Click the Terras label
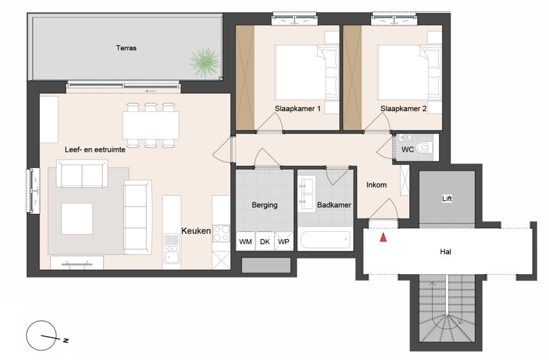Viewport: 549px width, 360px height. point(126,48)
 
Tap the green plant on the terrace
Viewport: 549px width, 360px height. point(204,63)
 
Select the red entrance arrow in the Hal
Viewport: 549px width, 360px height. point(383,237)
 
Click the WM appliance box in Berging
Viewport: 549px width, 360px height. point(246,241)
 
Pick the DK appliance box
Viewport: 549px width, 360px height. point(265,241)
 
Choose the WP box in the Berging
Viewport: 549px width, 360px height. point(284,241)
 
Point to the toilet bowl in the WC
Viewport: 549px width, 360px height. point(425,147)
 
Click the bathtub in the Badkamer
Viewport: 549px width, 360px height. point(325,239)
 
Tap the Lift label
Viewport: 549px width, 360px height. point(447,199)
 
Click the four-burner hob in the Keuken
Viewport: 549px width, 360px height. point(221,233)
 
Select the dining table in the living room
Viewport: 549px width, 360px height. point(151,125)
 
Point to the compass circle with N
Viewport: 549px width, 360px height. point(41,335)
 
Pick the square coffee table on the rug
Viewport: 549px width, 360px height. point(77,219)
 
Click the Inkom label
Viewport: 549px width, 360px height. point(376,185)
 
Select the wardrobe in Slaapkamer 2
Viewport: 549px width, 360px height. point(352,77)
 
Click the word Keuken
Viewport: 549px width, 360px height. point(196,231)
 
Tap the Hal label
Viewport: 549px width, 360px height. point(446,251)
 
